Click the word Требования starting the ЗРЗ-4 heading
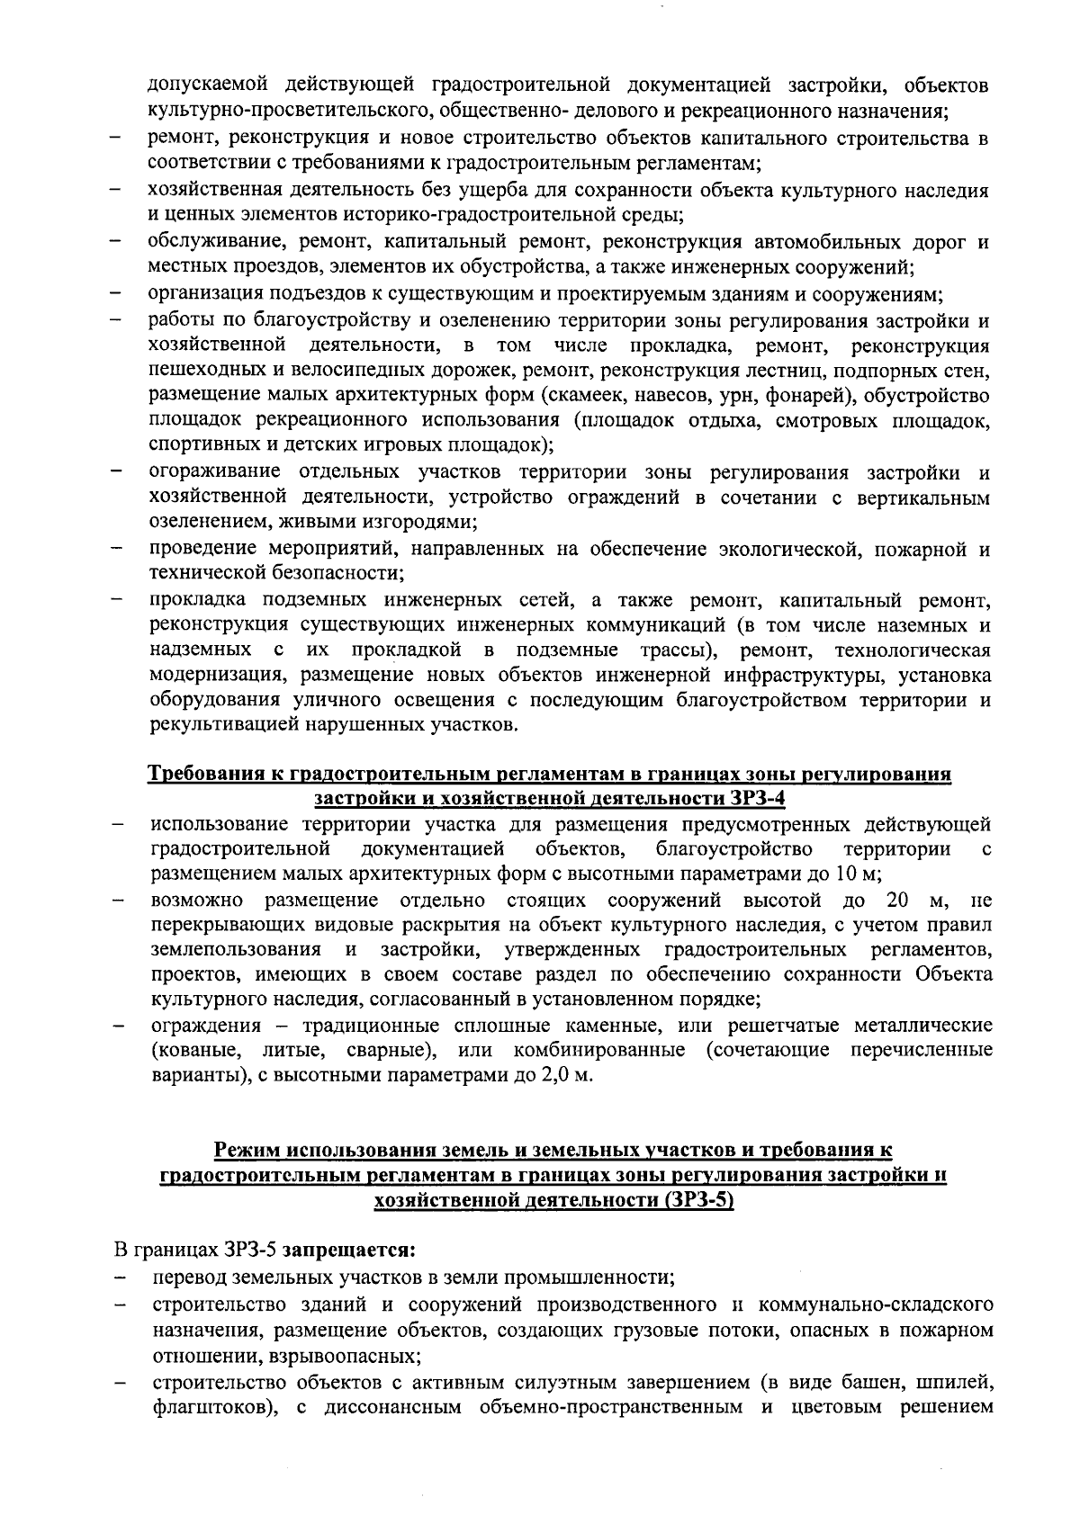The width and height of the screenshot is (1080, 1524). point(202,775)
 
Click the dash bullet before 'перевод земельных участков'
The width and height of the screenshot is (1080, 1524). point(116,1277)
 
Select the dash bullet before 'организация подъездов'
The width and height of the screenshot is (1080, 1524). point(116,294)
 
